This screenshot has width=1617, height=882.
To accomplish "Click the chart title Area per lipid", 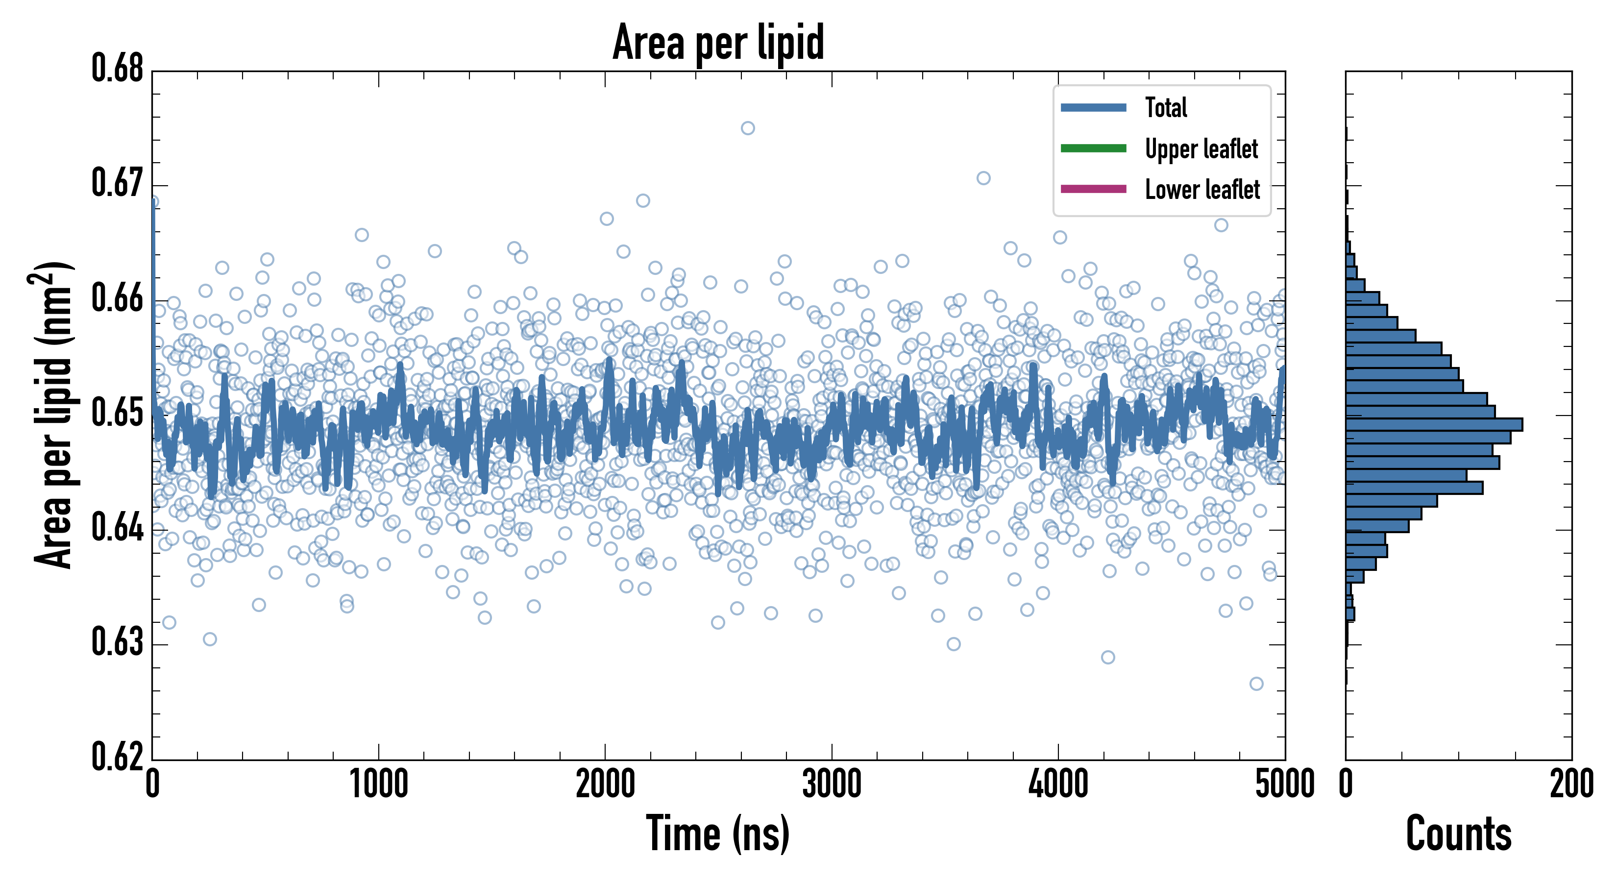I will click(718, 43).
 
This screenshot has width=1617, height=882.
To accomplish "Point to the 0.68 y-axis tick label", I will click(118, 69).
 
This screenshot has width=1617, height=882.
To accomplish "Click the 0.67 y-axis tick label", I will click(118, 184).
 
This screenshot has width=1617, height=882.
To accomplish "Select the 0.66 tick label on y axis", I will click(118, 299).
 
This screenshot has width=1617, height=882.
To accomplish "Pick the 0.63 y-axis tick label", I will click(118, 643).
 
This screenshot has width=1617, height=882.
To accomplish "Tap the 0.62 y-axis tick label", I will click(118, 757).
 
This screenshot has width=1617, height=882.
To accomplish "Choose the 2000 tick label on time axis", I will click(605, 784).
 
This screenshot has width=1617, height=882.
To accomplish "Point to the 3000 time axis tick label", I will click(832, 784).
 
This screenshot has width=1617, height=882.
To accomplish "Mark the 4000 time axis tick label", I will click(1058, 784).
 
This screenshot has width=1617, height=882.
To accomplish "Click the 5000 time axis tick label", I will click(1284, 784).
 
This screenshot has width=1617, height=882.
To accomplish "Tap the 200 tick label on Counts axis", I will click(1571, 784).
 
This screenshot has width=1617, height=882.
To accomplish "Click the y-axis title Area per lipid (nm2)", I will click(53, 415).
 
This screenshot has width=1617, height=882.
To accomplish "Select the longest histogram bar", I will click(1434, 424).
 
